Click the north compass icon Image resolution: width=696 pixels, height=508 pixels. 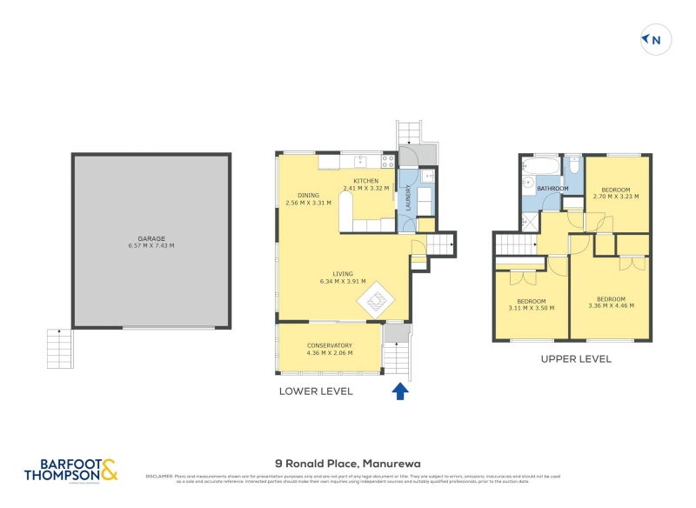pyautogui.click(x=652, y=39)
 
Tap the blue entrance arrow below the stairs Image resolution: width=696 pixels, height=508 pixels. pyautogui.click(x=400, y=391)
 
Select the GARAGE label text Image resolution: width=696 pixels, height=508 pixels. pyautogui.click(x=151, y=238)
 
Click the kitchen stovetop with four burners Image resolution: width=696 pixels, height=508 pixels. pyautogui.click(x=388, y=161)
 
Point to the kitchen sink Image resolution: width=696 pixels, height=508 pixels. pyautogui.click(x=358, y=161)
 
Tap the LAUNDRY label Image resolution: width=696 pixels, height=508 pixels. pyautogui.click(x=407, y=197)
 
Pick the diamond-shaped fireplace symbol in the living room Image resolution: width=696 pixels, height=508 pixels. pyautogui.click(x=377, y=302)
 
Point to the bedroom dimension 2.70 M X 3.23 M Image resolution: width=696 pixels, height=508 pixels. pyautogui.click(x=616, y=197)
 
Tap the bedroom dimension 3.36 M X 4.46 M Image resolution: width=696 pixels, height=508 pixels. pyautogui.click(x=611, y=306)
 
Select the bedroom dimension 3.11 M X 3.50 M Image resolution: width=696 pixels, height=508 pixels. pyautogui.click(x=531, y=308)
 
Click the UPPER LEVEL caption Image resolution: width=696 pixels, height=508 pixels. pyautogui.click(x=576, y=358)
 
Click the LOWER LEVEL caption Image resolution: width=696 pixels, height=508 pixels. pyautogui.click(x=316, y=391)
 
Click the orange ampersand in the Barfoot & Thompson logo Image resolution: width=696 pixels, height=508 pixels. pyautogui.click(x=109, y=471)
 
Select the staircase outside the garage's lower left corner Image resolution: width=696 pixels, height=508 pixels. pyautogui.click(x=59, y=348)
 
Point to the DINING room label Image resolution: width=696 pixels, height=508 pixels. pyautogui.click(x=308, y=195)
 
